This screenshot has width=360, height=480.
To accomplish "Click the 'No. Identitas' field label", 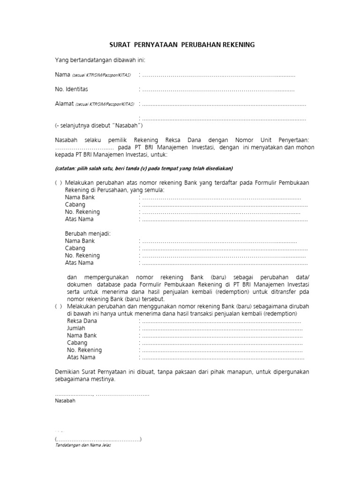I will point(71,89).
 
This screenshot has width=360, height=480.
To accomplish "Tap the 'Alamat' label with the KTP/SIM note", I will point(94,104).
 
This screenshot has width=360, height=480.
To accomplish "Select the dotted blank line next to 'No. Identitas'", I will point(218,90).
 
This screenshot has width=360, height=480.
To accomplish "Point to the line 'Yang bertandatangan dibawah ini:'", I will point(101,60).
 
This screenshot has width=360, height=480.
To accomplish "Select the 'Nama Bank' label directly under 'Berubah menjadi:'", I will point(80,241).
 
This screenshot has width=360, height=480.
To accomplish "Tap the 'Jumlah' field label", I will point(76,328).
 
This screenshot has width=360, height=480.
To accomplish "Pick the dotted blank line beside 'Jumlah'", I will point(222,329).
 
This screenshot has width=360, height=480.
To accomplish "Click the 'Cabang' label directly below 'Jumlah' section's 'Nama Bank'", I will point(75,343).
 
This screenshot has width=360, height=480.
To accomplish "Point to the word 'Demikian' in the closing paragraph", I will point(67,372).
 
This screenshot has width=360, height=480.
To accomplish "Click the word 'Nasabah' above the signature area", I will point(65,401).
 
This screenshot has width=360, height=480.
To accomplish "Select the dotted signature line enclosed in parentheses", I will point(98,439).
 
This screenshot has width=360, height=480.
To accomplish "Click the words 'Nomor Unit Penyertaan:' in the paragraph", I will point(269,140).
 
